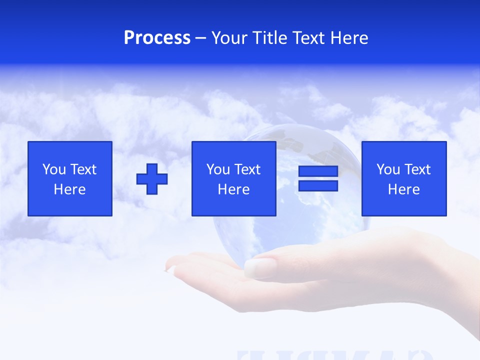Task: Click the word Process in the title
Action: pyautogui.click(x=157, y=38)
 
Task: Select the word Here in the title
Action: pyautogui.click(x=349, y=38)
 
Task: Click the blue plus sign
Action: pyautogui.click(x=152, y=179)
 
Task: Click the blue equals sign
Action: pyautogui.click(x=318, y=179)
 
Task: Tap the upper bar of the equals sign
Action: pyautogui.click(x=318, y=171)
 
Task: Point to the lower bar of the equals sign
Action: pyautogui.click(x=318, y=186)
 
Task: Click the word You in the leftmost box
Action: pyautogui.click(x=54, y=169)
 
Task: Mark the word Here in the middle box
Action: pyautogui.click(x=234, y=189)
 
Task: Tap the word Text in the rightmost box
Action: pyautogui.click(x=417, y=169)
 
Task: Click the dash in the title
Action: pyautogui.click(x=200, y=38)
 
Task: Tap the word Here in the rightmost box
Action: pyautogui.click(x=404, y=189)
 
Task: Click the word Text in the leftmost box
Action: pyautogui.click(x=83, y=169)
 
